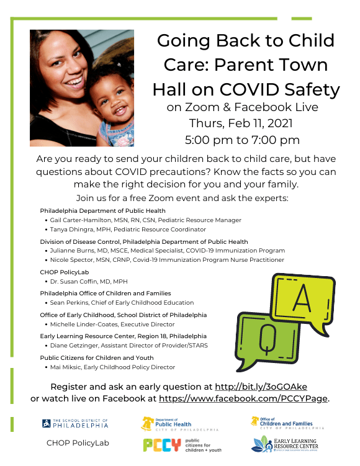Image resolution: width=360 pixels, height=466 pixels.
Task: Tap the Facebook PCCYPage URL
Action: pos(244,398)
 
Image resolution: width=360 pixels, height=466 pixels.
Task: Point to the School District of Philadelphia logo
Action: pos(75,424)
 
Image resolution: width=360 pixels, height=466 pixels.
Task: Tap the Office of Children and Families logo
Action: pos(287,423)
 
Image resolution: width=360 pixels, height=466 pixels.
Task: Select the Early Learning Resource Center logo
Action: pos(286,445)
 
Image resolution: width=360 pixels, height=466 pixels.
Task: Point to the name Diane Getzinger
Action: pos(76,346)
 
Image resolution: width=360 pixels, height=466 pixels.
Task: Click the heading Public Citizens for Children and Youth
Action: pos(96,357)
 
